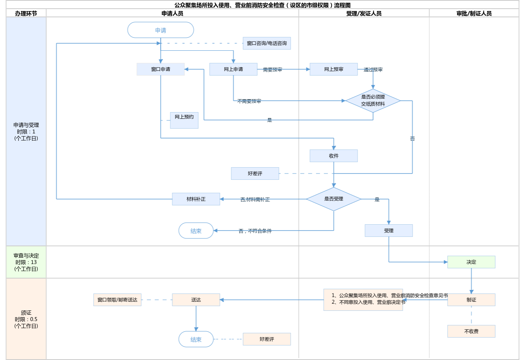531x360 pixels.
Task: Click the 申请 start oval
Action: point(160,30)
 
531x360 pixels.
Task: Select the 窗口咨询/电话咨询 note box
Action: point(267,43)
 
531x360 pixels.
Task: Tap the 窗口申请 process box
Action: point(160,69)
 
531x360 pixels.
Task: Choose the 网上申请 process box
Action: point(233,69)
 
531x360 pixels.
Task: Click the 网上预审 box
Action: point(334,69)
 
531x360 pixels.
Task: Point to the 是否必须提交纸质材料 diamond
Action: point(373,101)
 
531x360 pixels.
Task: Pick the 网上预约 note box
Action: point(184,120)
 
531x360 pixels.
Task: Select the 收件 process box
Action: point(334,156)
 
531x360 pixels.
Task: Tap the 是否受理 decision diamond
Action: point(334,199)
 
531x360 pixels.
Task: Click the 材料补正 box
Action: point(196,199)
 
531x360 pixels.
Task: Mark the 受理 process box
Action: point(389,231)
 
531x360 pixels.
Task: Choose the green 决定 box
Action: point(471,262)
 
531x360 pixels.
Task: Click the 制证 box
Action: point(471,300)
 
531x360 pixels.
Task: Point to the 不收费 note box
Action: point(471,331)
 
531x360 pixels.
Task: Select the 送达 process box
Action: point(196,300)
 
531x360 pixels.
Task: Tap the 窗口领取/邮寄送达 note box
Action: point(117,300)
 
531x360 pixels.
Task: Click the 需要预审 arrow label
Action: point(273,70)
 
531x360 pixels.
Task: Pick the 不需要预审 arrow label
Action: point(249,101)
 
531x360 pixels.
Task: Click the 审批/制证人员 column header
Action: point(474,13)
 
